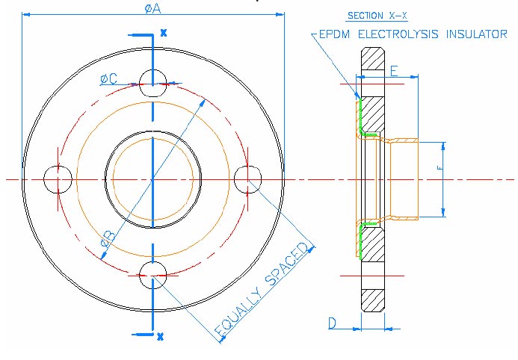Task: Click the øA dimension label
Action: tap(155, 7)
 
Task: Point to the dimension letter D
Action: tap(333, 323)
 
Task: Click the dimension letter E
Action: tap(394, 71)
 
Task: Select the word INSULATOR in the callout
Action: tap(475, 34)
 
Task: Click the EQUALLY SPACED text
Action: tap(262, 291)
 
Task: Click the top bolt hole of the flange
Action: tap(152, 81)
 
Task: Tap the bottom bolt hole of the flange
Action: tap(152, 274)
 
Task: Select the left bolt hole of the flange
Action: tap(57, 179)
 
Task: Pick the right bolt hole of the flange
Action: tap(247, 179)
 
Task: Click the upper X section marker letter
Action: tap(163, 34)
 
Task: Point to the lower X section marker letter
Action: tap(160, 336)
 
